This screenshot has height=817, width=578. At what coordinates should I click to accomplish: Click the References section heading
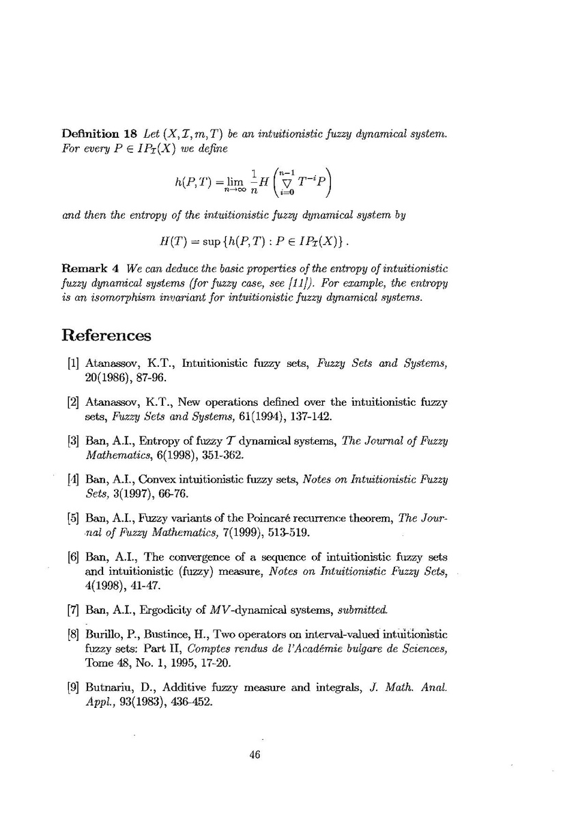pyautogui.click(x=106, y=336)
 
